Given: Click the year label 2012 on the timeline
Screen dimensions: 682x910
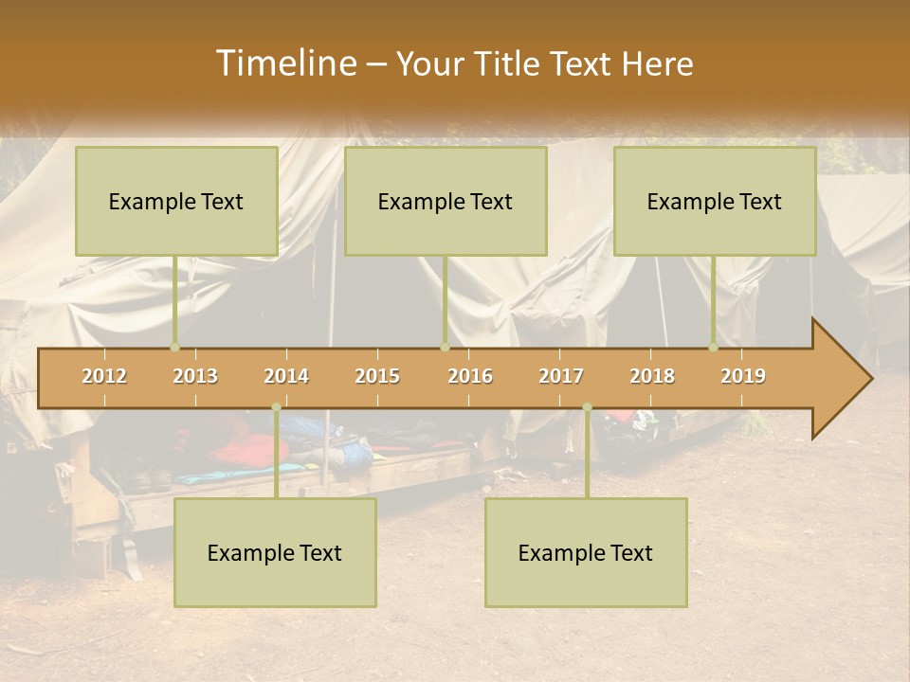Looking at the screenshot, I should (x=104, y=376).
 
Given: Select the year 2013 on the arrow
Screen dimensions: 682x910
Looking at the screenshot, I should (x=195, y=376).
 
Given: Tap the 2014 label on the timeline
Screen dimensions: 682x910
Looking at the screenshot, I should (x=286, y=376).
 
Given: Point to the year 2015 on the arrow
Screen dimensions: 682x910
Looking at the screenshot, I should (x=377, y=376).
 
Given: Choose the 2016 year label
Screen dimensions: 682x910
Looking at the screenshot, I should (x=470, y=376).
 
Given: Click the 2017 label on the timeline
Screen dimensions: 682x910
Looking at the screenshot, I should (x=561, y=376).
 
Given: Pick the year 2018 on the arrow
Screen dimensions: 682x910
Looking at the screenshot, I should (x=652, y=376).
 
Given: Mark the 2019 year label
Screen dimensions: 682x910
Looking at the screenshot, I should (x=743, y=376).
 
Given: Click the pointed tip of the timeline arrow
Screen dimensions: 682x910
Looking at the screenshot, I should (x=869, y=379).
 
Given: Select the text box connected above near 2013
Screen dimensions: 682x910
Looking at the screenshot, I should (x=176, y=201).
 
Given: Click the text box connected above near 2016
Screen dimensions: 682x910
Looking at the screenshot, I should (x=446, y=201).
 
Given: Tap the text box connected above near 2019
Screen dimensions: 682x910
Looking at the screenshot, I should (x=715, y=201).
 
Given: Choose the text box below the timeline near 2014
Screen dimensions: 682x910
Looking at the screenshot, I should (x=275, y=552).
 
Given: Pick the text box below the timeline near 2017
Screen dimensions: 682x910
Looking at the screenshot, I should (x=586, y=552).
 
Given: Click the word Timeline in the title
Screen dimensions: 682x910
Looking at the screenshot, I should (x=285, y=63).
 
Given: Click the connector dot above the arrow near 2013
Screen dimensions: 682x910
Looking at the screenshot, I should (x=174, y=347).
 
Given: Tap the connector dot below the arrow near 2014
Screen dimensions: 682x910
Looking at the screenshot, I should (x=276, y=407).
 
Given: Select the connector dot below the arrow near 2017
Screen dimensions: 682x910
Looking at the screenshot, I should (x=587, y=407).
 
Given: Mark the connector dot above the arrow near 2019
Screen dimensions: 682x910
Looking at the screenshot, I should (x=714, y=347).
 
